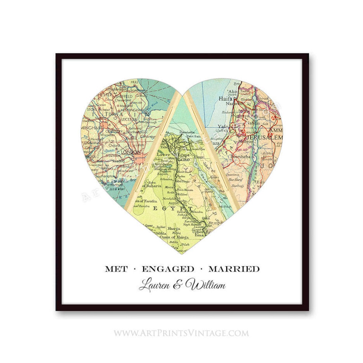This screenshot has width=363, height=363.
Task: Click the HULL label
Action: [125, 82]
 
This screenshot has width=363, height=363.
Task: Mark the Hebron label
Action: [253, 142]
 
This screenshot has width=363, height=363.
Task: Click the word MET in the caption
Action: [116, 269]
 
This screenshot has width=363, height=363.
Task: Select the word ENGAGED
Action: [168, 269]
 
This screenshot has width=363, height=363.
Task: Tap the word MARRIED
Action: [234, 269]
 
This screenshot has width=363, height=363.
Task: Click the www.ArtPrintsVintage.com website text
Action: [182, 333]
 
